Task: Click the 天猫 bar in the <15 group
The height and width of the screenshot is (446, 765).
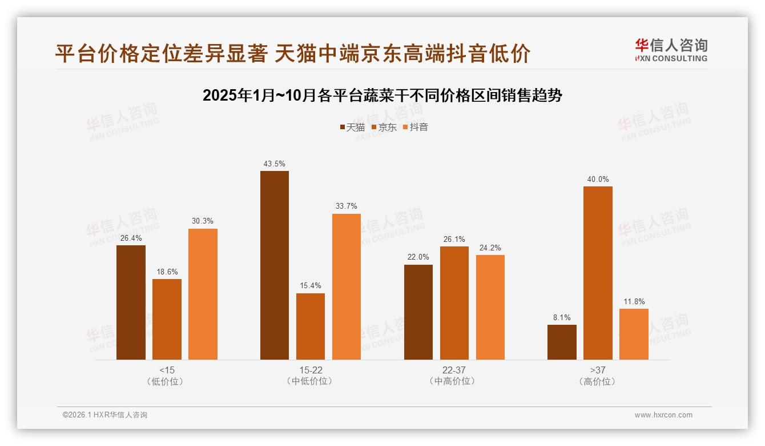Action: coord(131,302)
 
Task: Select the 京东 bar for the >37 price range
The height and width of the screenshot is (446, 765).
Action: coord(598,273)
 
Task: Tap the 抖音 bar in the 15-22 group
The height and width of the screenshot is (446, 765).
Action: coord(347,286)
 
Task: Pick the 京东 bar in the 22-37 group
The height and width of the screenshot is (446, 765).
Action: coord(454,303)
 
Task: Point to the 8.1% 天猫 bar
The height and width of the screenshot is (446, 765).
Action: coord(562,342)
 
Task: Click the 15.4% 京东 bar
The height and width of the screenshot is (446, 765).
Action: coord(311,326)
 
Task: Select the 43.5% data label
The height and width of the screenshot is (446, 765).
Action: coord(275,164)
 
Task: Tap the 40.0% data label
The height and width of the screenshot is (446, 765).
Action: coord(598,179)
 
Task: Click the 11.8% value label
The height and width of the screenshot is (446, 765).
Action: coord(634,301)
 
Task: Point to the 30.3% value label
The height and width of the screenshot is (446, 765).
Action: coord(203,221)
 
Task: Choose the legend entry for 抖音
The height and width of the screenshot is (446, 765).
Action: coord(415,127)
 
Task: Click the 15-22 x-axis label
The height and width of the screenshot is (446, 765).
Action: coord(311,370)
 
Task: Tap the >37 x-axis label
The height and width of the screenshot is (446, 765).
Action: coord(598,370)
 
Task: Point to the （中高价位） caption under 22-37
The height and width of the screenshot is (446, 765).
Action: coord(454,381)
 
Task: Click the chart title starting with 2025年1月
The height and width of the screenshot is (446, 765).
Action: coord(382,95)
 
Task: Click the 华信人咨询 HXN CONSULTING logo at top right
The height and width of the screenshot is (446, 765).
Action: coord(671,50)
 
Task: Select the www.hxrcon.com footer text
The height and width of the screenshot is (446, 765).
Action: coord(663,415)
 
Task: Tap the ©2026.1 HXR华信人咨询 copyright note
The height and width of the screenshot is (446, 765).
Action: coord(105,415)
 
